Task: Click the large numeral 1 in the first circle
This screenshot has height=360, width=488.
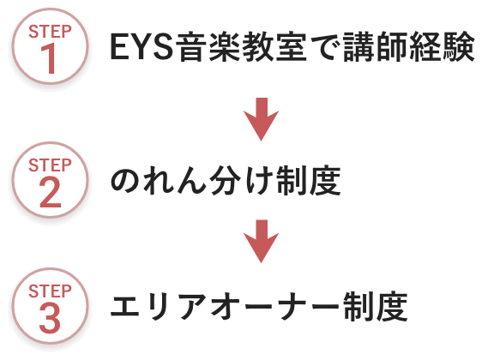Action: [50, 58]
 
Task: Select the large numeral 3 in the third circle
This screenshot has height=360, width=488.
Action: [50, 318]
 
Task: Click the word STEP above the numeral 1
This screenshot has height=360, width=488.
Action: [50, 32]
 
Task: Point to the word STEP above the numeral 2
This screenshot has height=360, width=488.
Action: [50, 165]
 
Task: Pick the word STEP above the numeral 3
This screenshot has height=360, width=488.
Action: [50, 291]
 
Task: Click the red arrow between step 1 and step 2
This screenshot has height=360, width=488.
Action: [261, 119]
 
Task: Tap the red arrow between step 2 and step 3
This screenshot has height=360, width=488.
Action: [261, 242]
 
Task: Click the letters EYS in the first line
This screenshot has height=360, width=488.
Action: [142, 46]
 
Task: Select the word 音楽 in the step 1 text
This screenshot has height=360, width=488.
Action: [208, 46]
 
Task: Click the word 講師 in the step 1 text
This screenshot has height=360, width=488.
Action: [375, 46]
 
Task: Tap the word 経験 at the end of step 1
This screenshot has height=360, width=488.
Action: [442, 46]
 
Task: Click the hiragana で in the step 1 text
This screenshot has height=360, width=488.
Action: [324, 47]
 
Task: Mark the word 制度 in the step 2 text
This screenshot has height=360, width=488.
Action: [308, 181]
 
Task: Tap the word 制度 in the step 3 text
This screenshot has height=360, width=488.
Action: [375, 307]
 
